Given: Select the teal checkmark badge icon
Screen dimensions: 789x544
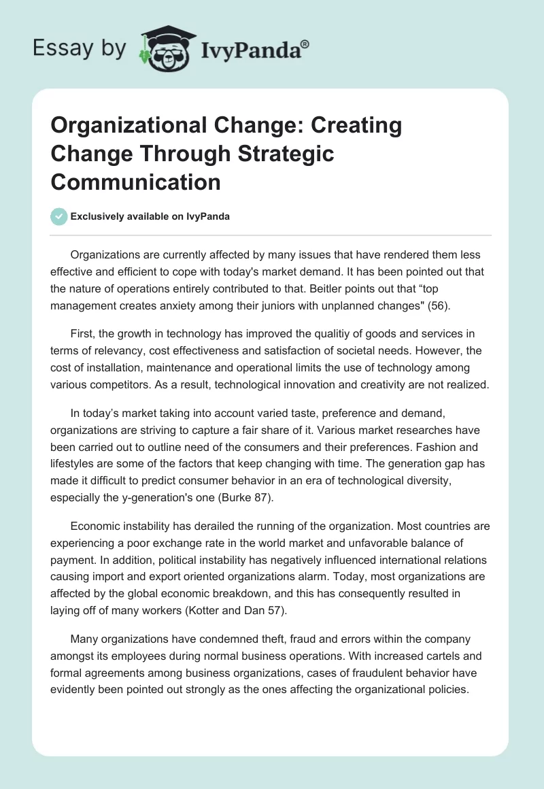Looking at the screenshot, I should pos(59,216).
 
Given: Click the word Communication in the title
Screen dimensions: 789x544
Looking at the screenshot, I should pos(136,182).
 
